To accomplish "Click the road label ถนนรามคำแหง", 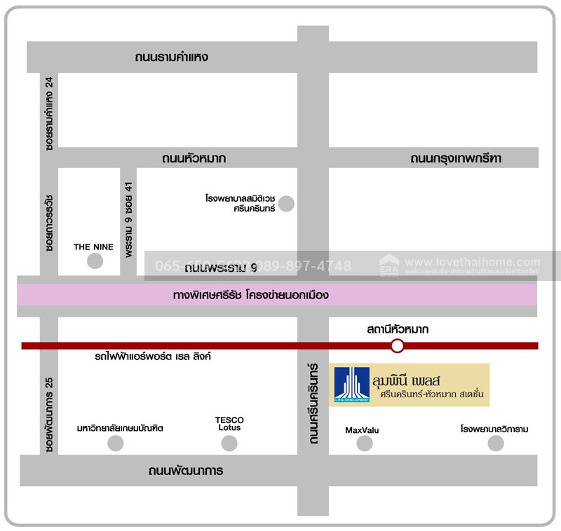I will pyautogui.click(x=172, y=57).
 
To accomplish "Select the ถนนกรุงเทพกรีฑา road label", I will pyautogui.click(x=456, y=158).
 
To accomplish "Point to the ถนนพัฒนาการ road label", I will pyautogui.click(x=186, y=471).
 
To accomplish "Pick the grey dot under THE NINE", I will pyautogui.click(x=95, y=261).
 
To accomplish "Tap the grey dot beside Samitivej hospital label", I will pyautogui.click(x=286, y=204).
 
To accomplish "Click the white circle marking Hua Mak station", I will pyautogui.click(x=398, y=345).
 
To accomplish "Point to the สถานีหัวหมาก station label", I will pyautogui.click(x=397, y=329).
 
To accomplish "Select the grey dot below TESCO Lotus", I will pyautogui.click(x=229, y=443).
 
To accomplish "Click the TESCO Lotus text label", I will pyautogui.click(x=229, y=424).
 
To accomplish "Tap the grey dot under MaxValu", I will pyautogui.click(x=365, y=443).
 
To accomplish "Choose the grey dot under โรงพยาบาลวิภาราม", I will pyautogui.click(x=496, y=443).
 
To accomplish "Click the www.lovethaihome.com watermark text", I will pyautogui.click(x=473, y=262).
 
